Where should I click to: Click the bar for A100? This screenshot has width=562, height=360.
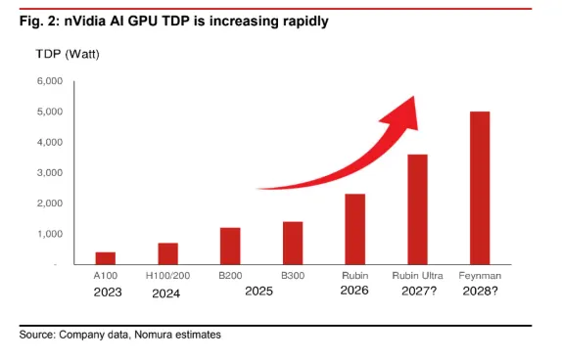point(106,258)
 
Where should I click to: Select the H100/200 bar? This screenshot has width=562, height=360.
point(167,253)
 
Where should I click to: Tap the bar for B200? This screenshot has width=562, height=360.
point(230,247)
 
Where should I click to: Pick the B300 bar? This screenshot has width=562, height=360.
point(293,244)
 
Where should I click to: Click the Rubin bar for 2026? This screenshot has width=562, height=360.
point(354,229)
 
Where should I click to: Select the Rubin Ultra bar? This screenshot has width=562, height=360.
point(417,209)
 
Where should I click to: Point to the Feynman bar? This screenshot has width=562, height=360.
point(480,188)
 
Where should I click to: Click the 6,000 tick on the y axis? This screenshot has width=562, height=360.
point(50,81)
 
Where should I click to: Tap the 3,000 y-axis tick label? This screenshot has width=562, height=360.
point(50,172)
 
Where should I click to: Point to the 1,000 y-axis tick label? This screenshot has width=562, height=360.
point(50,234)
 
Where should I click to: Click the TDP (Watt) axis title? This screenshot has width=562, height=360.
point(68,55)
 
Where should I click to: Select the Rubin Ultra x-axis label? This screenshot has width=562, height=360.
point(417,276)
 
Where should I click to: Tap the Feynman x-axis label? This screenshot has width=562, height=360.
point(480,276)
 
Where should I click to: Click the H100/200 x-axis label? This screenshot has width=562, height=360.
point(167,276)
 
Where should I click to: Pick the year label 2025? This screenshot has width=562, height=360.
point(258,291)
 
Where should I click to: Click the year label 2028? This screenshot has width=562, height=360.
point(480,291)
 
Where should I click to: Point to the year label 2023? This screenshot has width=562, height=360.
point(108,292)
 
